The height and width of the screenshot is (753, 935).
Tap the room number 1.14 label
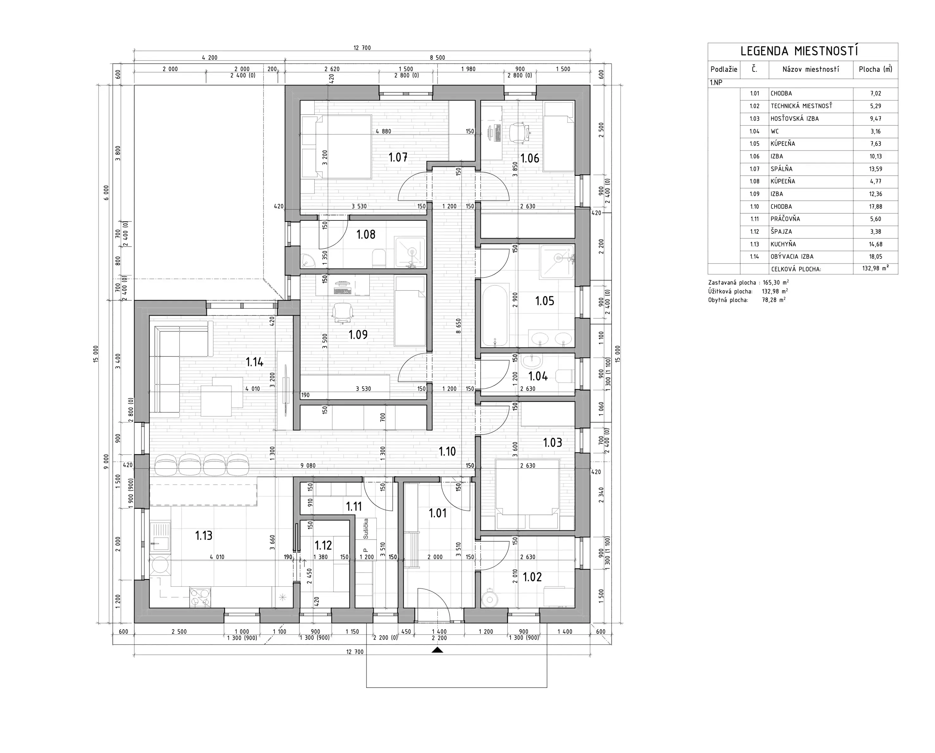(x=254, y=362)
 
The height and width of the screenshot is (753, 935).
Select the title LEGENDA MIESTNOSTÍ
(x=799, y=51)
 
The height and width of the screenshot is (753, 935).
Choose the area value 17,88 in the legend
(x=875, y=207)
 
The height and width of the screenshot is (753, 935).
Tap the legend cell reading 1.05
(x=754, y=144)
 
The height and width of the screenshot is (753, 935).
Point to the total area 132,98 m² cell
(x=875, y=268)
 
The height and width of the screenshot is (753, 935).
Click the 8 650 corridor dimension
(x=458, y=326)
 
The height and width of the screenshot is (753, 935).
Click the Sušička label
(x=366, y=528)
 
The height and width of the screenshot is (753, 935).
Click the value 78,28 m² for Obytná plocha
(x=774, y=300)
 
